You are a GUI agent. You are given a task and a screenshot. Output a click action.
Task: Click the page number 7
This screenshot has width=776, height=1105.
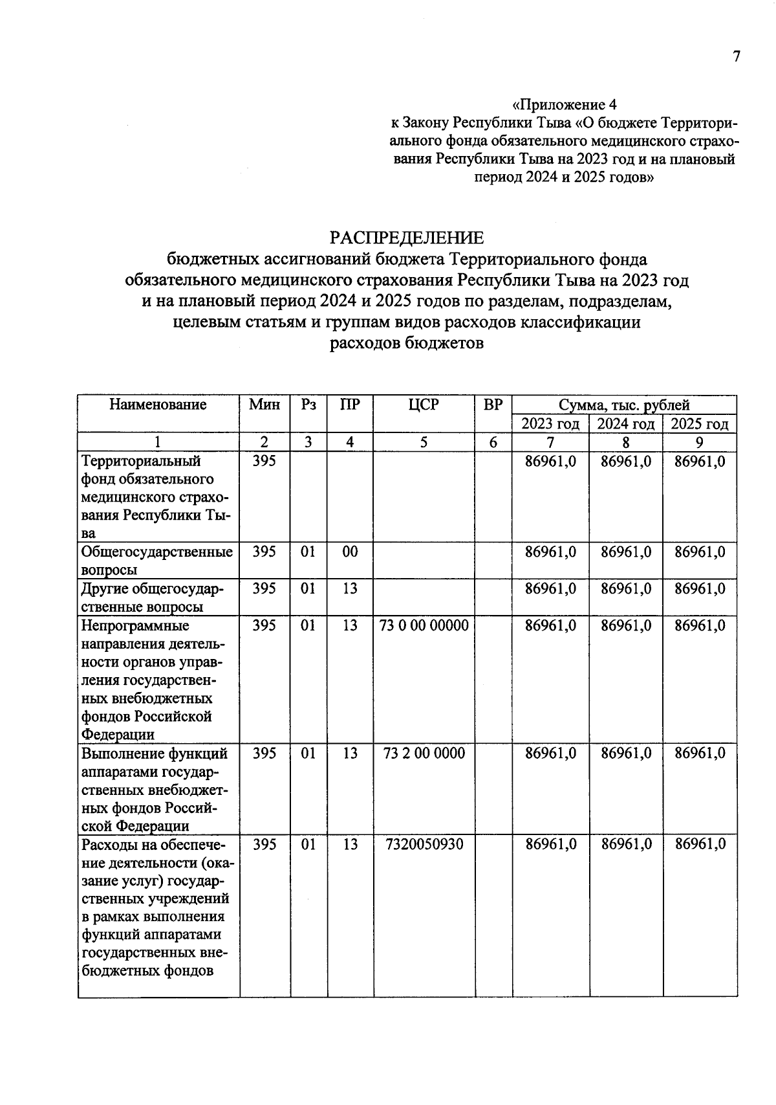click(x=736, y=56)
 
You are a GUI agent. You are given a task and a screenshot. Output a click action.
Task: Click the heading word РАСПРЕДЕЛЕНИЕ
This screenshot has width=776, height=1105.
click(x=406, y=238)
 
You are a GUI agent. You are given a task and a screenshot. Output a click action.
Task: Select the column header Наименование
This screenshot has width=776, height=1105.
click(x=158, y=405)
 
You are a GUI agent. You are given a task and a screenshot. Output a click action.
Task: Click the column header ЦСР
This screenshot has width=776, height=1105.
click(x=424, y=405)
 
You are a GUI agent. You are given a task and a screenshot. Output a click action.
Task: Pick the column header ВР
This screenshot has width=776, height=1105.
click(x=493, y=405)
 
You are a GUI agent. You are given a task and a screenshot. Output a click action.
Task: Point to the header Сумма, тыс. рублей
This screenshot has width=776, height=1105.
click(x=624, y=405)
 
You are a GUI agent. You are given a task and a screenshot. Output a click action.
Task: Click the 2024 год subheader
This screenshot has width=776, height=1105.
click(x=625, y=424)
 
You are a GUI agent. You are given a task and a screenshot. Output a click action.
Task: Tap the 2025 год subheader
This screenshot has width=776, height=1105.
click(x=700, y=424)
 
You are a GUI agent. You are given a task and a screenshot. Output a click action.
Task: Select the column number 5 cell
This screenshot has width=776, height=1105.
click(x=424, y=442)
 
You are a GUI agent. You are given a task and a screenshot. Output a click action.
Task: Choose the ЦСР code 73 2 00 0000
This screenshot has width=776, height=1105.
click(x=424, y=753)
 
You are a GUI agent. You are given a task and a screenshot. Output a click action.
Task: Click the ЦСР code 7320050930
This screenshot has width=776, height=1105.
click(x=424, y=844)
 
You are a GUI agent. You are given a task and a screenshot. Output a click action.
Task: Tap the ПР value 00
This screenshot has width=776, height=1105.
click(x=350, y=552)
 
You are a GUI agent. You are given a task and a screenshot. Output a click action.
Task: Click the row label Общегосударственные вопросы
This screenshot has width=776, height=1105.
click(x=156, y=561)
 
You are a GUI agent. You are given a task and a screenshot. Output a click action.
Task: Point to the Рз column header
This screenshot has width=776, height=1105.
click(x=308, y=405)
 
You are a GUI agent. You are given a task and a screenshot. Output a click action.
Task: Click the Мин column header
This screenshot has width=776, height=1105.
click(x=264, y=405)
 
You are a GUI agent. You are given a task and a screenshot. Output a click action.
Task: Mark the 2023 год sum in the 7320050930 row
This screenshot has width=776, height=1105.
click(x=550, y=844)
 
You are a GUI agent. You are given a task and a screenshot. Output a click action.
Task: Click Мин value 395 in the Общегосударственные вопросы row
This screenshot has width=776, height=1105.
click(x=264, y=552)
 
